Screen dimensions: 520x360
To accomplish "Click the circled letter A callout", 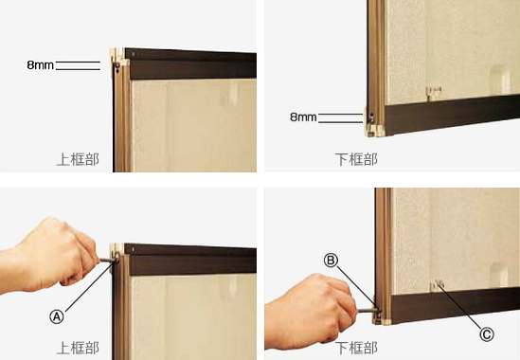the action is (x=57, y=316).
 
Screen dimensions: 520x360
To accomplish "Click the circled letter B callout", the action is (x=331, y=261).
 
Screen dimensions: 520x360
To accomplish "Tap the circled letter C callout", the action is (x=487, y=334).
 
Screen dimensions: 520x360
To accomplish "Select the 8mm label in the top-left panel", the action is (x=40, y=65).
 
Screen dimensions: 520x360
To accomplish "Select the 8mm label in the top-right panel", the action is (x=303, y=117).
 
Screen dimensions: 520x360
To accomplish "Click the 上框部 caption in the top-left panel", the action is (x=78, y=159).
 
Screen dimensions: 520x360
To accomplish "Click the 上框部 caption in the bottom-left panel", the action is (x=78, y=348).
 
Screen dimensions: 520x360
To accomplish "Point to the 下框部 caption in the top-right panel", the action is (x=356, y=159).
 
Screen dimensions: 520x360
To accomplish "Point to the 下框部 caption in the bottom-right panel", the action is (x=356, y=348).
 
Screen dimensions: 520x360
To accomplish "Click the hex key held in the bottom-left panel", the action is (x=108, y=261).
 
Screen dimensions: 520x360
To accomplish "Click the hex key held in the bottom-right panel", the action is (x=368, y=311).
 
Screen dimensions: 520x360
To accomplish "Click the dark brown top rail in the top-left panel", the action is (x=190, y=64).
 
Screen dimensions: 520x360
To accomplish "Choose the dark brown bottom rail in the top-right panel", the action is (x=452, y=115).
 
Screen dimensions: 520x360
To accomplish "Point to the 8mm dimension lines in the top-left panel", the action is (x=78, y=65).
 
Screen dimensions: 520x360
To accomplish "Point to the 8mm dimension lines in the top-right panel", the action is (x=340, y=118).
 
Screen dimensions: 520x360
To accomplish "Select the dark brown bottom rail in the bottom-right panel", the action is (x=455, y=305).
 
